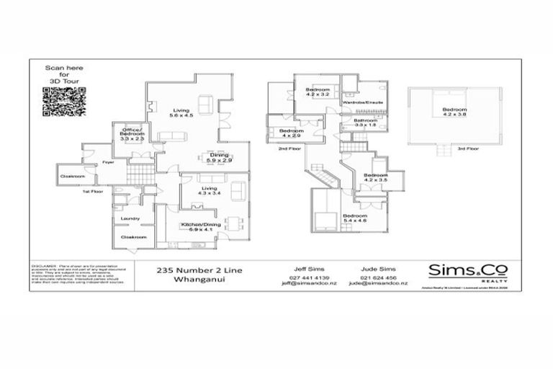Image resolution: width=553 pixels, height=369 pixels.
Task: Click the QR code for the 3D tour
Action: point(59,100)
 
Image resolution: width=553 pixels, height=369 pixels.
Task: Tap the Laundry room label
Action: point(130,219)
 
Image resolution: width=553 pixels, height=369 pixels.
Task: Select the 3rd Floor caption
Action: point(467,149)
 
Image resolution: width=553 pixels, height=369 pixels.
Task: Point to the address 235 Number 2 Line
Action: point(199,270)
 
